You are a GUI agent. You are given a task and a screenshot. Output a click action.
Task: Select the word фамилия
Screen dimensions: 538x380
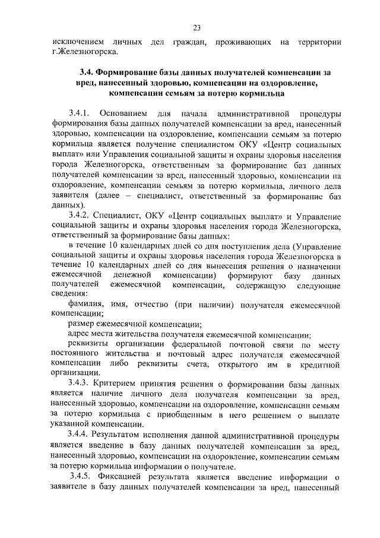[88, 305]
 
